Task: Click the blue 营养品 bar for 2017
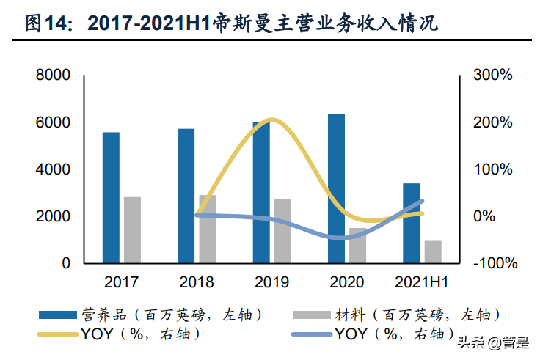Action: point(111,197)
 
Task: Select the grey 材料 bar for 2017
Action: point(132,229)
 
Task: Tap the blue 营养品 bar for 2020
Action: point(336,188)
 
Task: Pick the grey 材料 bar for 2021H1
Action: point(433,251)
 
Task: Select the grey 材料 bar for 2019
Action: point(282,230)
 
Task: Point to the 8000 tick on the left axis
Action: point(54,76)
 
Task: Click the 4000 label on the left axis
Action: point(54,169)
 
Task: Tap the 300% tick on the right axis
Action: point(492,76)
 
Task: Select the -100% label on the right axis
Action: point(492,263)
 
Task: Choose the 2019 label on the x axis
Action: point(271,282)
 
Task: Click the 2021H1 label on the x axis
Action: point(422,282)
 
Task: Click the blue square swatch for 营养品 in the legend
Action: point(58,315)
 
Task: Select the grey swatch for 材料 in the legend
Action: point(310,315)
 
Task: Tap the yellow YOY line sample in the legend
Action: point(58,334)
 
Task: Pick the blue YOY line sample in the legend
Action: point(310,334)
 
